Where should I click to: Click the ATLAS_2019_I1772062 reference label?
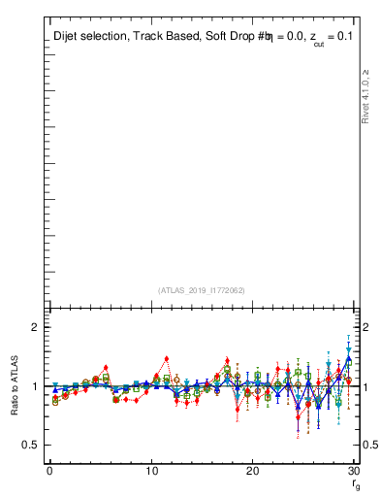point(201,290)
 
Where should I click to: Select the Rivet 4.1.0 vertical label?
point(365,97)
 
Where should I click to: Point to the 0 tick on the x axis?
point(49,471)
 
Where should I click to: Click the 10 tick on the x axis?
point(151,471)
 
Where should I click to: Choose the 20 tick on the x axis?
point(252,471)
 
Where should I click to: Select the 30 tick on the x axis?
point(353,471)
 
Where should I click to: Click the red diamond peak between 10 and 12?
point(166,359)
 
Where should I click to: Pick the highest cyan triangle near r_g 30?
point(348,349)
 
